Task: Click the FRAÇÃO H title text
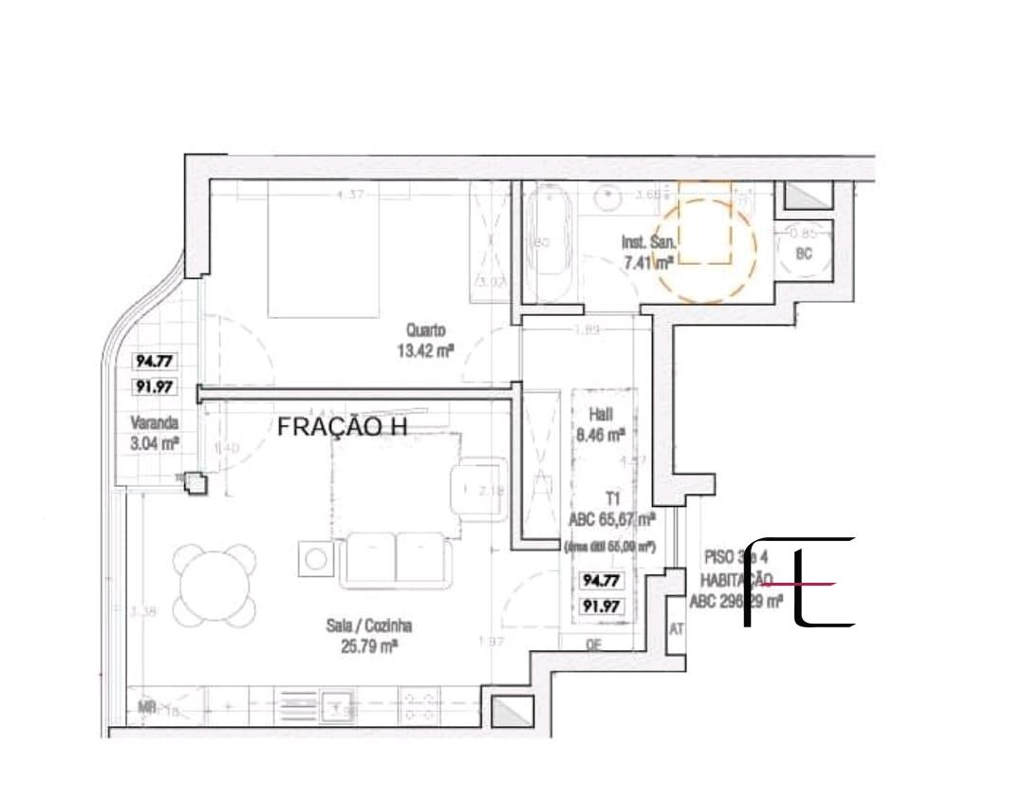342,427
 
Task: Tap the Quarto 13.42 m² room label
424,340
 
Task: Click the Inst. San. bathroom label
648,252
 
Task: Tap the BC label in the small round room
804,254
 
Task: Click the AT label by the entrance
677,628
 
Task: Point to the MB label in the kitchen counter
146,706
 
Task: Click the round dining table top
215,585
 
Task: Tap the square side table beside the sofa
315,557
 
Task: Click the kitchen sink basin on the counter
336,705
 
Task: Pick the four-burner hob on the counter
420,705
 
